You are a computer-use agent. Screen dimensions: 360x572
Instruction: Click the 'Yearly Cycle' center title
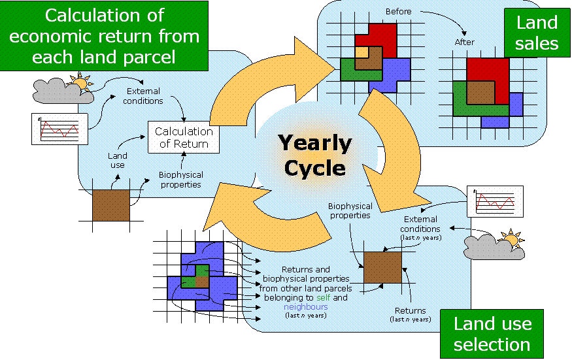click(314, 155)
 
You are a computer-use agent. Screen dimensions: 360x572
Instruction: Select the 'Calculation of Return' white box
click(184, 137)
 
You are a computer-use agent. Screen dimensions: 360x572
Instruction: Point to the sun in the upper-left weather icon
click(80, 84)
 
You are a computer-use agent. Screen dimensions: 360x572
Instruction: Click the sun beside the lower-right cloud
click(511, 239)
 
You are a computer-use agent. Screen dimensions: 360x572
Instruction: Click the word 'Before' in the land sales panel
click(398, 12)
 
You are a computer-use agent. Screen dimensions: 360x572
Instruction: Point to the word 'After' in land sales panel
click(464, 42)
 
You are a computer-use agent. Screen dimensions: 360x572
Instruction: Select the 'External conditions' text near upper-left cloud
click(143, 96)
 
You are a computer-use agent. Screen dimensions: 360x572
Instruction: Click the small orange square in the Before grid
click(361, 52)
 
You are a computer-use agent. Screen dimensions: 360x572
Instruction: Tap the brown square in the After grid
click(480, 92)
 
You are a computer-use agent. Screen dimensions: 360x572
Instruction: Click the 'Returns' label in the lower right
click(411, 311)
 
